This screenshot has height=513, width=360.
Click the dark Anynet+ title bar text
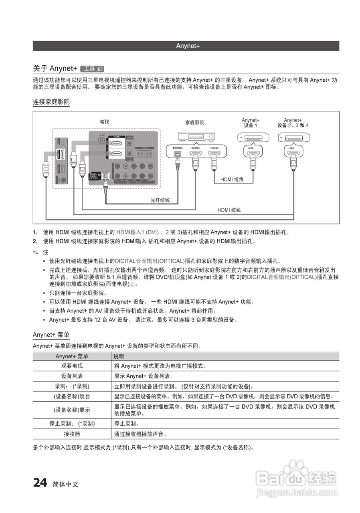click(x=188, y=46)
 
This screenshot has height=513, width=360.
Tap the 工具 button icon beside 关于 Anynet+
click(x=92, y=69)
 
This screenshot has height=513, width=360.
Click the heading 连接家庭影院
click(x=51, y=102)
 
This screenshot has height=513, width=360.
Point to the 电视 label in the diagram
click(x=104, y=122)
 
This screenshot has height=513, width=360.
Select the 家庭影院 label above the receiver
click(x=194, y=123)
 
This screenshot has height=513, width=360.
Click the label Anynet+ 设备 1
click(x=251, y=123)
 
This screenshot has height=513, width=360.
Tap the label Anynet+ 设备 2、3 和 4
click(x=293, y=123)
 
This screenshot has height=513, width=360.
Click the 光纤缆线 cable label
click(x=160, y=200)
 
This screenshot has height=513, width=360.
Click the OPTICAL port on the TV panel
click(x=105, y=176)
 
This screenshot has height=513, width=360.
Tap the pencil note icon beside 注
click(x=36, y=252)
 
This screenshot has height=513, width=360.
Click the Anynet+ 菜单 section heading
click(x=51, y=335)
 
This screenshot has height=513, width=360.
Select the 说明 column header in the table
click(x=119, y=356)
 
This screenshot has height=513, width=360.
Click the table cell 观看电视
click(x=72, y=366)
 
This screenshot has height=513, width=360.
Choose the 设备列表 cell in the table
click(x=72, y=376)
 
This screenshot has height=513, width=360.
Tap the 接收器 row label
click(x=72, y=434)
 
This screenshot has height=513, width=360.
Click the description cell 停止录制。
click(x=127, y=424)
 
